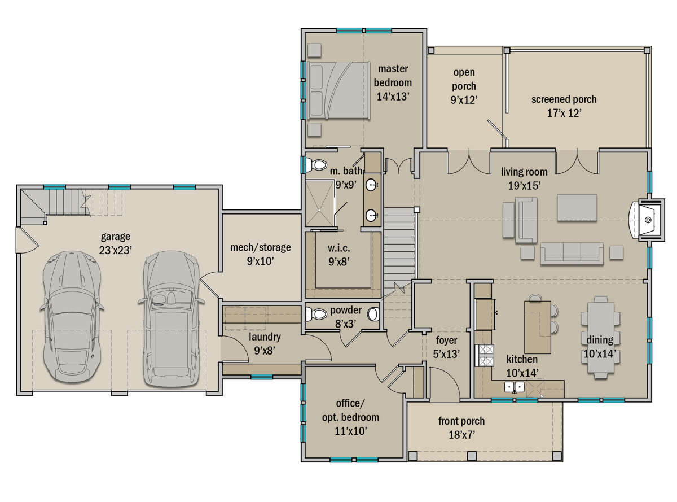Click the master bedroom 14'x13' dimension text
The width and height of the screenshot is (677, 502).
393,97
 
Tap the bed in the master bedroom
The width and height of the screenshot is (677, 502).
338,90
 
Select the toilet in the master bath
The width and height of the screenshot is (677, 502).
316,165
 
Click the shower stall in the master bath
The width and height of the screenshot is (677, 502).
319,203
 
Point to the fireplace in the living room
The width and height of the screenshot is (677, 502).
647,220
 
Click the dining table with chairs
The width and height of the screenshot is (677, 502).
601,337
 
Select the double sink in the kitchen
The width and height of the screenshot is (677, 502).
515,387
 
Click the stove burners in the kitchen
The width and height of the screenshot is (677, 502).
486,355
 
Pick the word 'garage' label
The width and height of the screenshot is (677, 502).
116,237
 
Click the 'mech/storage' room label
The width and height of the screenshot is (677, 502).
260,247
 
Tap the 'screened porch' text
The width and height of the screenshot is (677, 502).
564,99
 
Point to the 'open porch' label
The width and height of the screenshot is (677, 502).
464,79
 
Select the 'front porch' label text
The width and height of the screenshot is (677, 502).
461,421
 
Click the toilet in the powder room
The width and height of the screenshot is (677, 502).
316,314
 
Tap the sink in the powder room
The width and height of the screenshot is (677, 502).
373,314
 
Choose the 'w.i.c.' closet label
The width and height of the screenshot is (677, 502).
339,248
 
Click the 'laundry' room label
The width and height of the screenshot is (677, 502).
265,337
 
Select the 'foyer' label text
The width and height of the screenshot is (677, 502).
446,341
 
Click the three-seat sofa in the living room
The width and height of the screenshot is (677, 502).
572,254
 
